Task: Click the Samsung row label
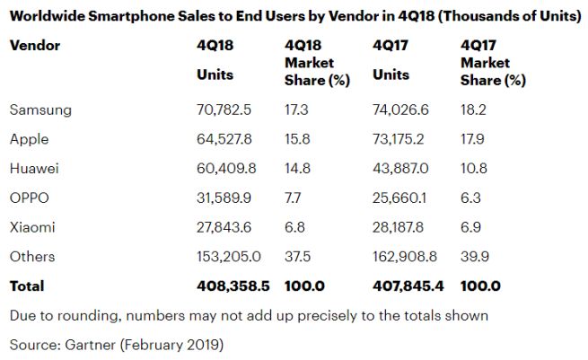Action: tap(39, 110)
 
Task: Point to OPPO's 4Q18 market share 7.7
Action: tap(294, 198)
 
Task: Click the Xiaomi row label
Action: tap(32, 227)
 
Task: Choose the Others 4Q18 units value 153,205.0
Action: tap(229, 257)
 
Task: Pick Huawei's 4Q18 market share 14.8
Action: tap(295, 169)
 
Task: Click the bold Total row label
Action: tap(27, 286)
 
